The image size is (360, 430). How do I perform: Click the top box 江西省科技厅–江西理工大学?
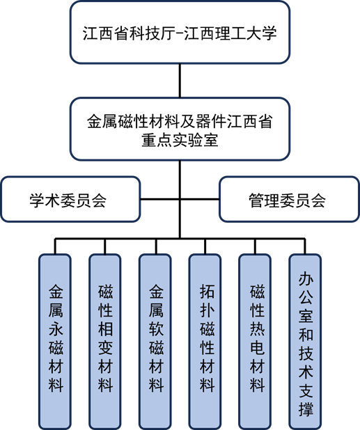180,33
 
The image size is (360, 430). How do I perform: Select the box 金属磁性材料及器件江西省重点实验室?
180,129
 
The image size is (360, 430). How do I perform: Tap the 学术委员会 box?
70,199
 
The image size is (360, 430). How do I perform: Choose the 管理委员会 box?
289,199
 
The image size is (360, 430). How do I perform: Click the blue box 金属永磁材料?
55,342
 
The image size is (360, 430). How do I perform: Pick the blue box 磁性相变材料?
105,342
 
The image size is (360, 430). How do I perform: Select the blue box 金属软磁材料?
155,342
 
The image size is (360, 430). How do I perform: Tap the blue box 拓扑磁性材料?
205,342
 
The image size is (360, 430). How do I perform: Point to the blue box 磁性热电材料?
255,342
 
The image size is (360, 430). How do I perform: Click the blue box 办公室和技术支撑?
305,342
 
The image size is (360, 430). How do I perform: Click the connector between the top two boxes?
180,81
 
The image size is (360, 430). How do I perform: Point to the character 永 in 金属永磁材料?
56,328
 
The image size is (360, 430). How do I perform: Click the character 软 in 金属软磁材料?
156,328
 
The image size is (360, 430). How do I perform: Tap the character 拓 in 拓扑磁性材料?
207,291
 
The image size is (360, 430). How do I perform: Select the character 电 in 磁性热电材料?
258,347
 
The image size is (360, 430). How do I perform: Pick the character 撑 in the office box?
306,408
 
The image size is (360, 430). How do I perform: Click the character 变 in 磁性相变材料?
106,347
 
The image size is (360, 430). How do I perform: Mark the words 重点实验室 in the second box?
180,140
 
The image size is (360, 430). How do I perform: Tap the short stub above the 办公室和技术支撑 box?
305,246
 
